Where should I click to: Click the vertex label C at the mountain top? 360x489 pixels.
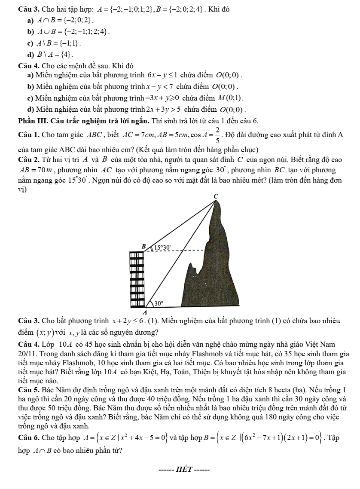point(217,196)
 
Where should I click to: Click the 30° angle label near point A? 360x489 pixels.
point(159,303)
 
